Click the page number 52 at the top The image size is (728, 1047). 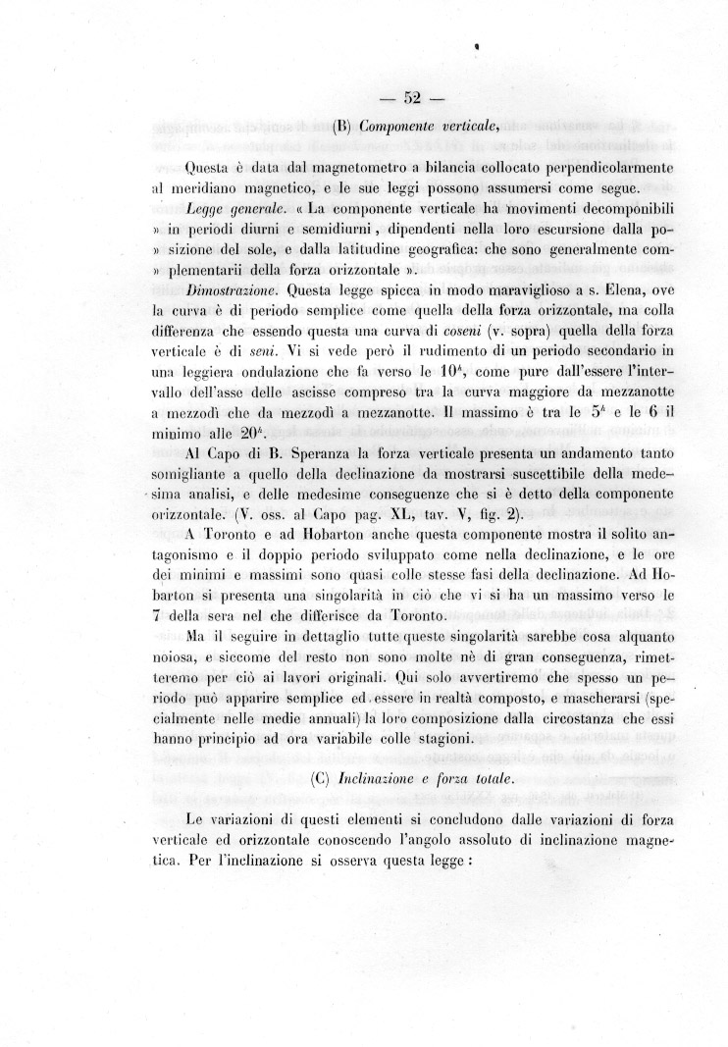(412, 97)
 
